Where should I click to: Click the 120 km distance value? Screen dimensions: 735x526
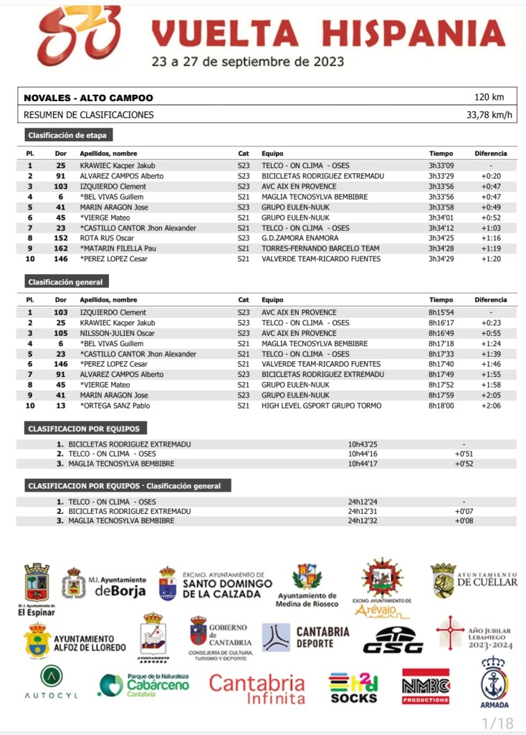pos(489,98)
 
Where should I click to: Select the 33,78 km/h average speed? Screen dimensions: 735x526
pos(489,115)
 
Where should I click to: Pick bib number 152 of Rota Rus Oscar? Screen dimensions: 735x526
pos(61,238)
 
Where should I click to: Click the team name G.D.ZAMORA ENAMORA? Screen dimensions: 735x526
pos(300,238)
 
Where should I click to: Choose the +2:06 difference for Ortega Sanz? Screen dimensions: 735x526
pos(490,406)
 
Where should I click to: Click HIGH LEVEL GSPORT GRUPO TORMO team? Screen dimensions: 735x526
pos(321,406)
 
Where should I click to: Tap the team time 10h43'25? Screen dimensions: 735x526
pos(363,444)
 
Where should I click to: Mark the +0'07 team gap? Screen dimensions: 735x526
pos(464,511)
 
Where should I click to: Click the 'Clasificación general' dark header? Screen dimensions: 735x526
pos(66,282)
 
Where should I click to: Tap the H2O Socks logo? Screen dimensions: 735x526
pos(353,687)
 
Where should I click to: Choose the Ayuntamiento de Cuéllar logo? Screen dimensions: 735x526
pos(474,580)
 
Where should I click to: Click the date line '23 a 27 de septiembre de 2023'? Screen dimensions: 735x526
pos(247,62)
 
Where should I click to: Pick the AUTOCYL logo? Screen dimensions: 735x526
pos(51,683)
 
